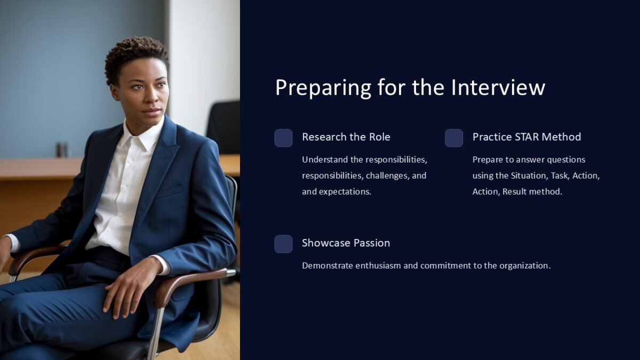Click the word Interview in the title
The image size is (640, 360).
(x=498, y=87)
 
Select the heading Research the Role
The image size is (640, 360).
(x=346, y=137)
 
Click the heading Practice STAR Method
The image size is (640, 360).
(x=526, y=137)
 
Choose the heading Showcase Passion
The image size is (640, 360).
(x=346, y=243)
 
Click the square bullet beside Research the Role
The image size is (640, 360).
(x=283, y=138)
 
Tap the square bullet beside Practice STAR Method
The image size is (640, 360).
(x=454, y=138)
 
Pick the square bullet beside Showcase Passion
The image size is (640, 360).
(x=283, y=244)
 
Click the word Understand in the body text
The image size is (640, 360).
(x=323, y=159)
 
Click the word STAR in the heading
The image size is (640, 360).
(x=527, y=137)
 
